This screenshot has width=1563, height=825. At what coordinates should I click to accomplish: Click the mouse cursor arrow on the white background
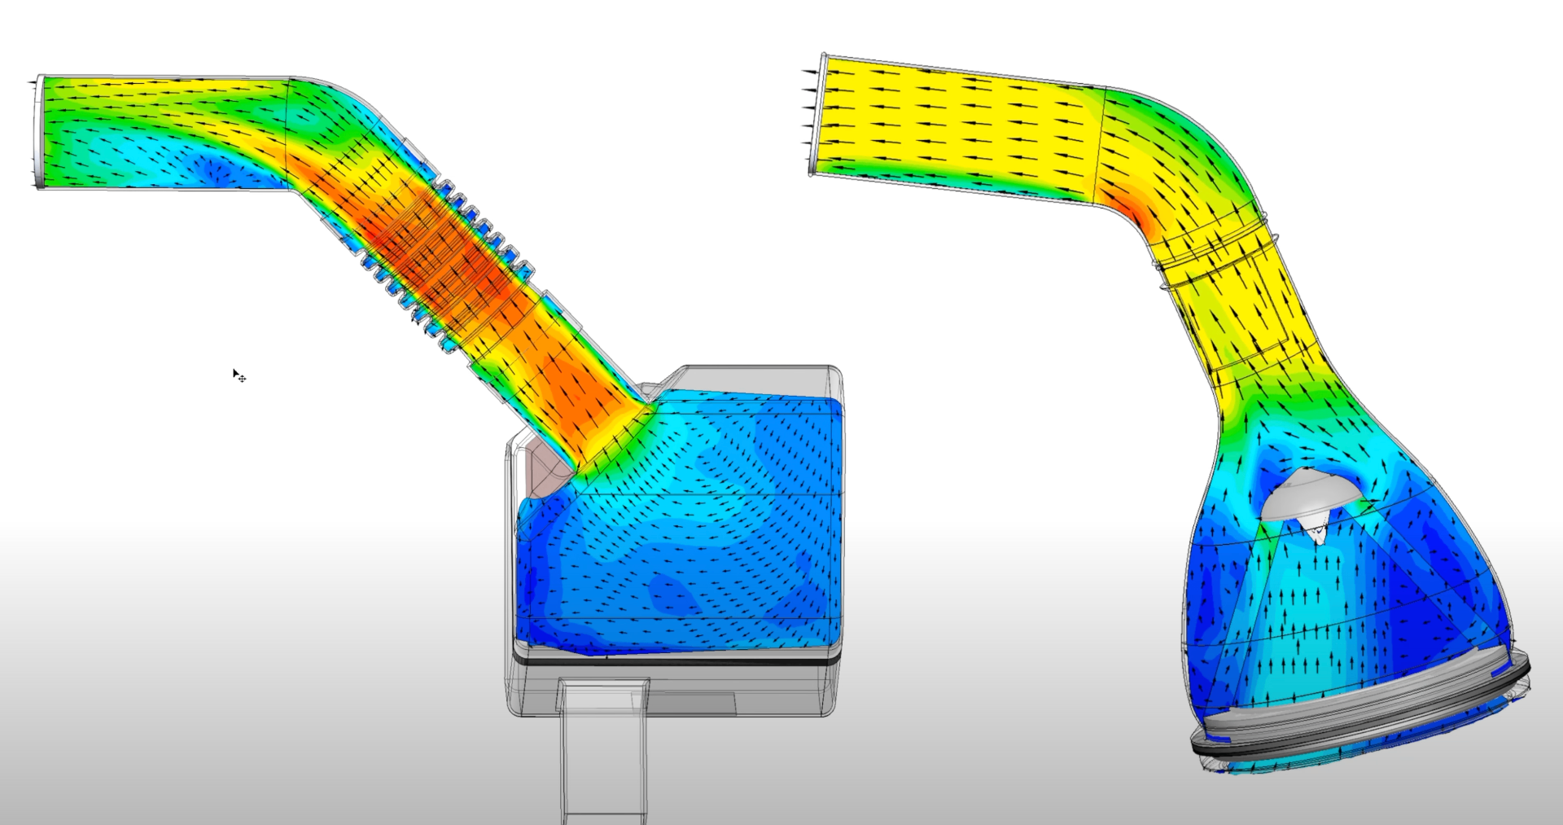tap(236, 373)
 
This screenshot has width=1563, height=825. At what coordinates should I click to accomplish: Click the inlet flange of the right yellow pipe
tap(817, 114)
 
